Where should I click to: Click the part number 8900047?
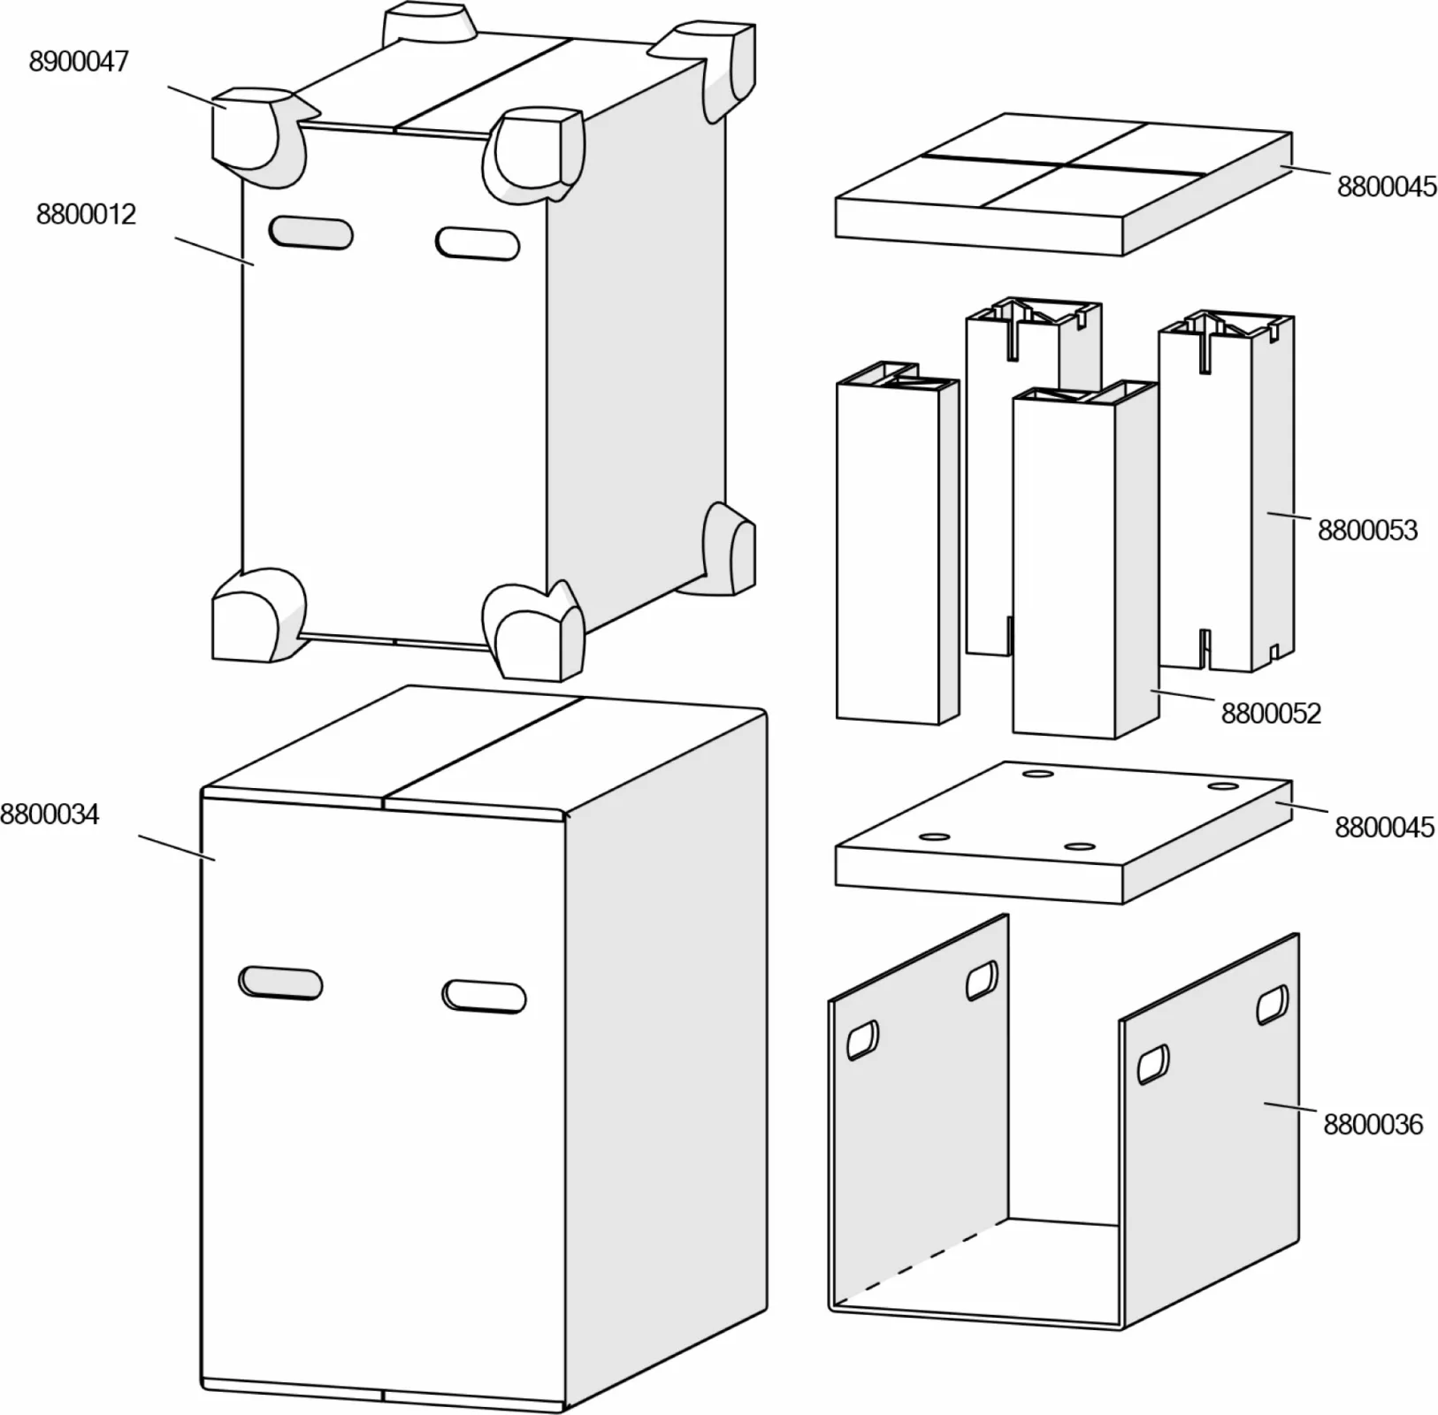[79, 62]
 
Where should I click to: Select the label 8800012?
[86, 215]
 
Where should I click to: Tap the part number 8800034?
[50, 815]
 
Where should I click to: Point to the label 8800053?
[1367, 531]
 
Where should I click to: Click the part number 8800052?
[1271, 714]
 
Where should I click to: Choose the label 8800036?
[1373, 1125]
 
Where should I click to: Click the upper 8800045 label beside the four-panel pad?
[1386, 187]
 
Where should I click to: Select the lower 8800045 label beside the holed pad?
[1384, 828]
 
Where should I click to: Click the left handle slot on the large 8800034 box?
[280, 983]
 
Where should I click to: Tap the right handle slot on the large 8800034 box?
[484, 996]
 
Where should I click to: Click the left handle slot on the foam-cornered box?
[310, 233]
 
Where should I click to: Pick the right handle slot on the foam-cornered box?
[478, 243]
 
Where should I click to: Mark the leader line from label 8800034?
[177, 846]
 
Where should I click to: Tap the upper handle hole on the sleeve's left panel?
[981, 981]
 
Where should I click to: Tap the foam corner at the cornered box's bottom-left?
[256, 616]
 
